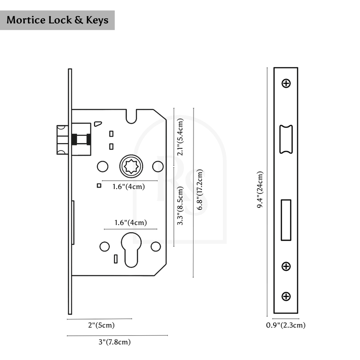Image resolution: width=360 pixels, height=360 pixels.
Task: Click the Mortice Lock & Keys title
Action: click(x=57, y=20)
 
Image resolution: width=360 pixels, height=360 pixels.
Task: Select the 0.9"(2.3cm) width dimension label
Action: click(x=286, y=325)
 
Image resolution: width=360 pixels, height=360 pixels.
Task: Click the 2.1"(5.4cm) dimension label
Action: click(x=180, y=137)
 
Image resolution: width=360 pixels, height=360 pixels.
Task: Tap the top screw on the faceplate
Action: click(x=286, y=83)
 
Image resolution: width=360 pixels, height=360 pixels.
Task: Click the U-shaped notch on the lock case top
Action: click(x=131, y=116)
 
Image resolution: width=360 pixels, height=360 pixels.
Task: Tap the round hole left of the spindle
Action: click(x=103, y=166)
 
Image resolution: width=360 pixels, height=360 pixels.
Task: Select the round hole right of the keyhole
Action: click(x=156, y=246)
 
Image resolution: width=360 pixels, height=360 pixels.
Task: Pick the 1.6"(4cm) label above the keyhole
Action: click(x=130, y=222)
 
